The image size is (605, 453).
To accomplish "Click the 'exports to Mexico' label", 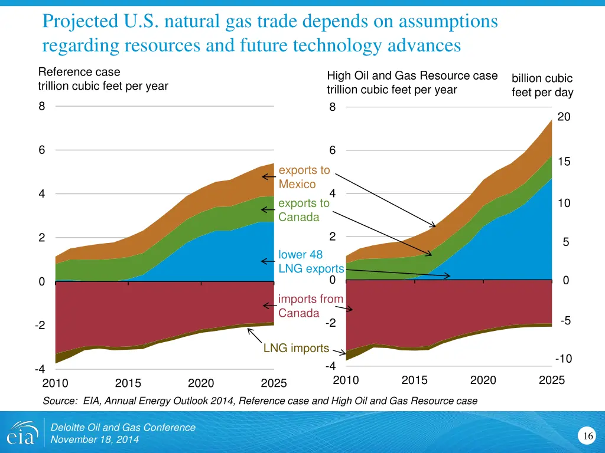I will click(x=304, y=177).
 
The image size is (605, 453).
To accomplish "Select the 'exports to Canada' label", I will click(x=304, y=210).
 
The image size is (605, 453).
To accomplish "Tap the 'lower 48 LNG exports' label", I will click(x=311, y=262).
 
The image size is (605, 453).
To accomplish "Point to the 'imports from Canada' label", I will click(x=311, y=306).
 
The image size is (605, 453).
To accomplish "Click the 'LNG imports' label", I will click(x=296, y=348).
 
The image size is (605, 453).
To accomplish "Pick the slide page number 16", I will click(x=588, y=436).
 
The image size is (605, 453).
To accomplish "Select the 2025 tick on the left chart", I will click(x=274, y=383).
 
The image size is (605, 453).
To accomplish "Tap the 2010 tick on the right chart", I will click(x=346, y=380).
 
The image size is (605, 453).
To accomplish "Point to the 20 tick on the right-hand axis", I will click(x=564, y=117).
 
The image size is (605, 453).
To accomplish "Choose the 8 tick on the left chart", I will click(x=42, y=107).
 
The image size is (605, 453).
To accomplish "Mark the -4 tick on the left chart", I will click(x=40, y=369).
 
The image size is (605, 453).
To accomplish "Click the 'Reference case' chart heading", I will click(x=79, y=72).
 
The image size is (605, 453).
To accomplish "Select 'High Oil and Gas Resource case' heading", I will click(x=412, y=75).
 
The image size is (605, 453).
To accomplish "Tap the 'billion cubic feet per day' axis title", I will click(x=542, y=86).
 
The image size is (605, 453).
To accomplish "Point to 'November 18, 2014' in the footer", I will click(x=95, y=439).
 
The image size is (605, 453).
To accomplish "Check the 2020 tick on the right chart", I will click(x=483, y=380).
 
